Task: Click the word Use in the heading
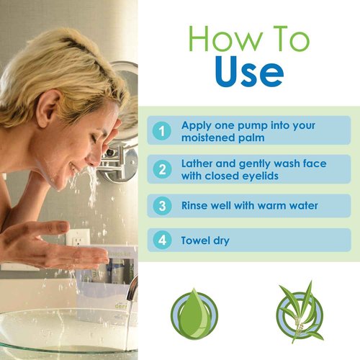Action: coord(250,71)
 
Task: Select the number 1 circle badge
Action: coord(162,131)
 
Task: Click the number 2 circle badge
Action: coord(162,169)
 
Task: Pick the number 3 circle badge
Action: coord(162,206)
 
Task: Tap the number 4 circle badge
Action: coord(162,240)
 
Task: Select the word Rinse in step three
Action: coord(194,206)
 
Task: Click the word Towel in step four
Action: coord(195,240)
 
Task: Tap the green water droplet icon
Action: coord(194,314)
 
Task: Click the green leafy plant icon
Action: coord(300,312)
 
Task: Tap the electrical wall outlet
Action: coord(78,238)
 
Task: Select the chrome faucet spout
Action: coord(132,287)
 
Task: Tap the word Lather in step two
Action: coord(197,163)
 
